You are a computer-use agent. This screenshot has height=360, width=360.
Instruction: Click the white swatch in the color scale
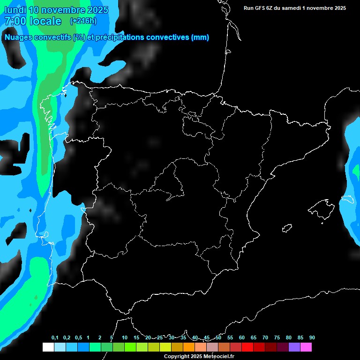click(x=48, y=347)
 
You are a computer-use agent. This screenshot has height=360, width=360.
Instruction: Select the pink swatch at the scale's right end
click(x=306, y=347)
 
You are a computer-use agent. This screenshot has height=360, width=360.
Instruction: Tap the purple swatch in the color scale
click(x=294, y=347)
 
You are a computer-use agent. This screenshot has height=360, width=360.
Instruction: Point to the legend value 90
click(x=312, y=338)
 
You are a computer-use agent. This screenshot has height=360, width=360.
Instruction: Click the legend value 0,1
click(x=55, y=338)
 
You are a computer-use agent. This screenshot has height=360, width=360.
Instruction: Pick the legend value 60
click(x=242, y=338)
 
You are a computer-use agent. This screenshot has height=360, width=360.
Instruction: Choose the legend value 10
click(x=125, y=338)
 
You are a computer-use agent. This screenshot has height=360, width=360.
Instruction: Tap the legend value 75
click(x=277, y=338)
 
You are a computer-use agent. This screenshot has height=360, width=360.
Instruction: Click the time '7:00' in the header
click(x=15, y=21)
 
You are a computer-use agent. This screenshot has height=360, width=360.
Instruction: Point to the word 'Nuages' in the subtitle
click(x=20, y=37)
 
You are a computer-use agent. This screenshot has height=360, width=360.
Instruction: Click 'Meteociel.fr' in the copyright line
click(x=217, y=357)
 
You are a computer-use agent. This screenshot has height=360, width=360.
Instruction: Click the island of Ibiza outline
click(x=287, y=228)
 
